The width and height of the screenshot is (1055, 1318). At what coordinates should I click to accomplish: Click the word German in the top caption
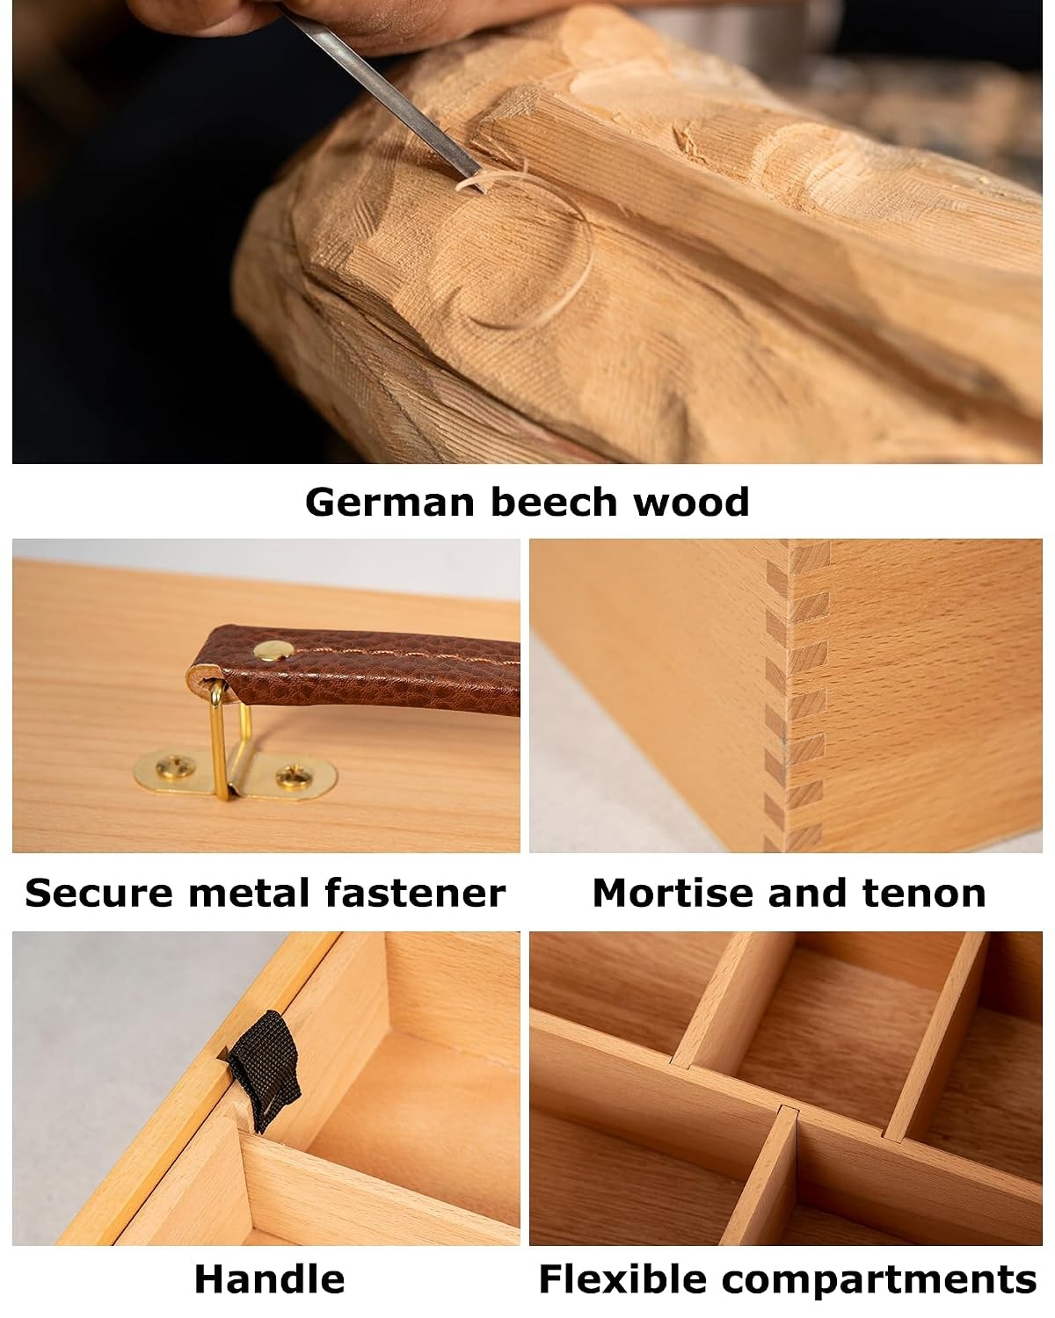(389, 503)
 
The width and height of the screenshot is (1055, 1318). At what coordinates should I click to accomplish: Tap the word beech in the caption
(554, 502)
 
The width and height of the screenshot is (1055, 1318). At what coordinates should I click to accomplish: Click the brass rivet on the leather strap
(273, 650)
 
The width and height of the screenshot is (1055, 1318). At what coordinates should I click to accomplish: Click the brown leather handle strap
(355, 670)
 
